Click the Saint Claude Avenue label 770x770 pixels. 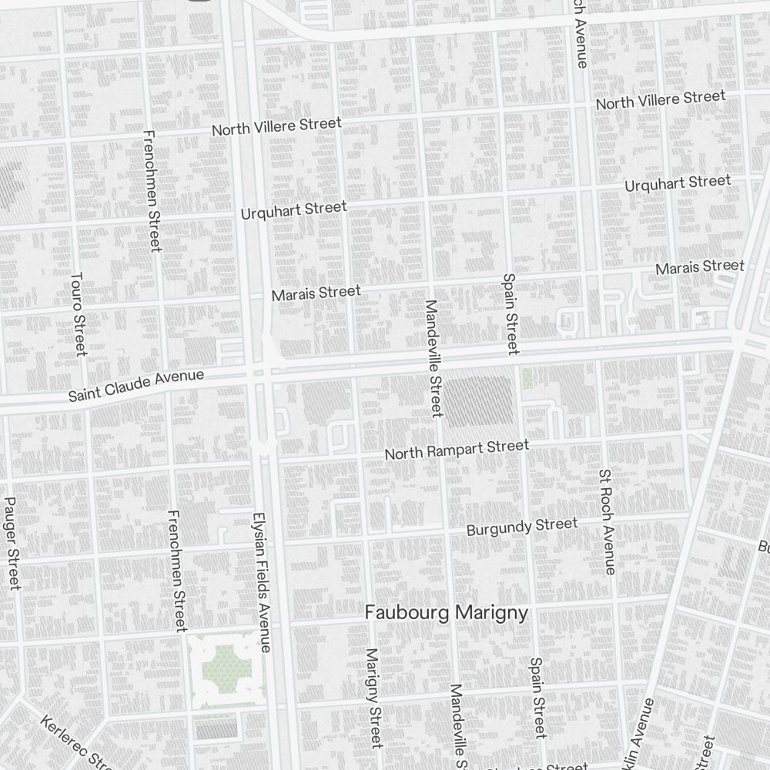click(x=136, y=386)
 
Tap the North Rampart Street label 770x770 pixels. click(x=457, y=449)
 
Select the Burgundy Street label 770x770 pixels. click(x=522, y=527)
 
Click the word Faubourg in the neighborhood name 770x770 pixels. click(x=407, y=613)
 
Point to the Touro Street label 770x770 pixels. click(x=78, y=313)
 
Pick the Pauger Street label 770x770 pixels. click(x=11, y=543)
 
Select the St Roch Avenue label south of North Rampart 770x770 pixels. click(x=607, y=521)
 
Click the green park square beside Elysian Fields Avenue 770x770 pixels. click(x=225, y=666)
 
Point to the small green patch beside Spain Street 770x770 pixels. click(x=527, y=377)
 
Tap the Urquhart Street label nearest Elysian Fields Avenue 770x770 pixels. click(x=293, y=209)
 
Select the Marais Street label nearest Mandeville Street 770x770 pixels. click(x=316, y=293)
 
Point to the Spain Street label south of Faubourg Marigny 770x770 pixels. click(x=537, y=697)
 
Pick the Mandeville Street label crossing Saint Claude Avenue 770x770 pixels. click(x=434, y=358)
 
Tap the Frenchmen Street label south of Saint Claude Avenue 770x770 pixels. click(x=177, y=570)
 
